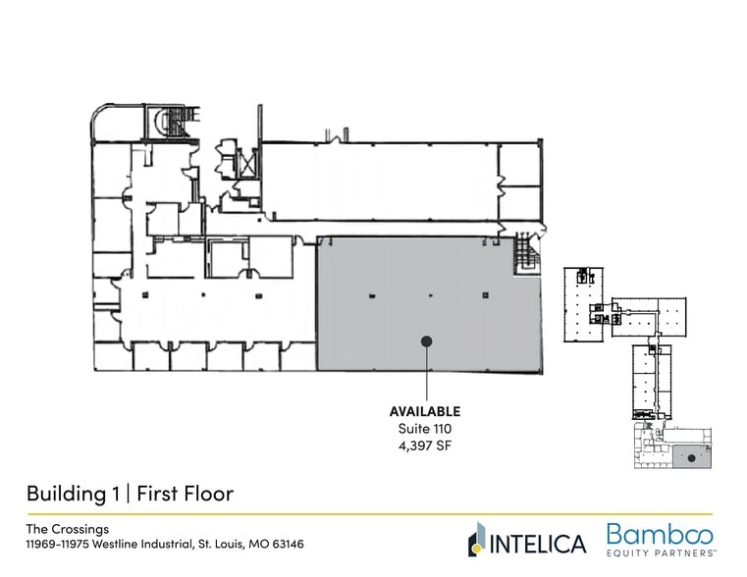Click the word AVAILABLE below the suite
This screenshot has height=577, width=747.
click(425, 411)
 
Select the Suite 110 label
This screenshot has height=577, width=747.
click(425, 430)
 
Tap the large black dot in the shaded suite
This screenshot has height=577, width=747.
click(426, 341)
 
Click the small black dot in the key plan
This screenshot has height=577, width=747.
click(691, 458)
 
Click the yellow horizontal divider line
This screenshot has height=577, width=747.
click(373, 514)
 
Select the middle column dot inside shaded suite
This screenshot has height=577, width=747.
click(430, 294)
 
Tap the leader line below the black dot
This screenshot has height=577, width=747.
click(426, 373)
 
